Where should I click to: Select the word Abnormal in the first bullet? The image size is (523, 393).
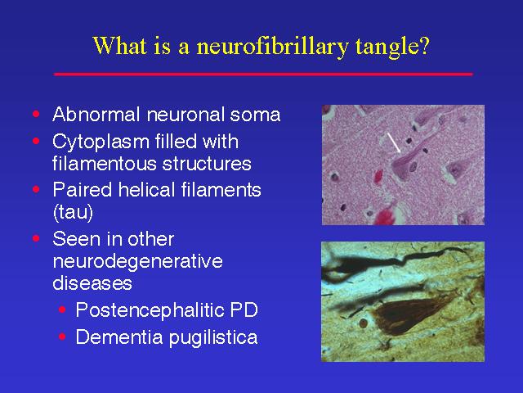[x=96, y=115]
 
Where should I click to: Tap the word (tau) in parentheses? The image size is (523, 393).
[x=73, y=212]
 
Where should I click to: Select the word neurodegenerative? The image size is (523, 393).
[x=137, y=261]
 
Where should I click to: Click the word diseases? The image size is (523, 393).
[x=92, y=282]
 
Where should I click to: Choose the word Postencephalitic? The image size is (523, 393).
[x=150, y=311]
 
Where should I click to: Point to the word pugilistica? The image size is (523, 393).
[x=213, y=337]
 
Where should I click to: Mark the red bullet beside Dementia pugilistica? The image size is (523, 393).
[x=62, y=337]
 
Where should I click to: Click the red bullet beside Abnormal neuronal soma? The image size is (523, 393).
[x=36, y=115]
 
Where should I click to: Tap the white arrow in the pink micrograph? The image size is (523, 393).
[x=394, y=142]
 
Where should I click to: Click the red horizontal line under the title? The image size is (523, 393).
[x=263, y=75]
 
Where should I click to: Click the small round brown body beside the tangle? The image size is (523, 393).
[x=363, y=323]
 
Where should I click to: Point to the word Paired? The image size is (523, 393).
[x=82, y=189]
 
